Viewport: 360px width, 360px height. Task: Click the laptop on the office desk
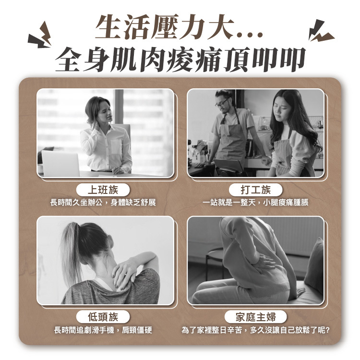60,163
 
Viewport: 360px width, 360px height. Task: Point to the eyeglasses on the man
222,103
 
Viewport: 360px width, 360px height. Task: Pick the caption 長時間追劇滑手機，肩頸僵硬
103,330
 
